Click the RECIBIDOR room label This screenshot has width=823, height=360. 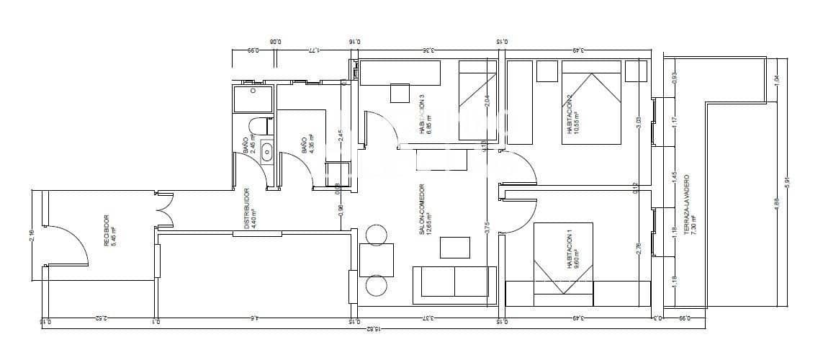[x=106, y=230]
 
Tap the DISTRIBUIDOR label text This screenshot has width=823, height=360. [x=246, y=209]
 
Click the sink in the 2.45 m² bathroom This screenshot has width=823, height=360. [x=266, y=152]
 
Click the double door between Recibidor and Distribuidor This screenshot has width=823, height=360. [x=164, y=211]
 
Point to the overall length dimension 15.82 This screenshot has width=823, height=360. [x=372, y=328]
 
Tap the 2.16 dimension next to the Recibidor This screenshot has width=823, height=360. [x=32, y=235]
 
